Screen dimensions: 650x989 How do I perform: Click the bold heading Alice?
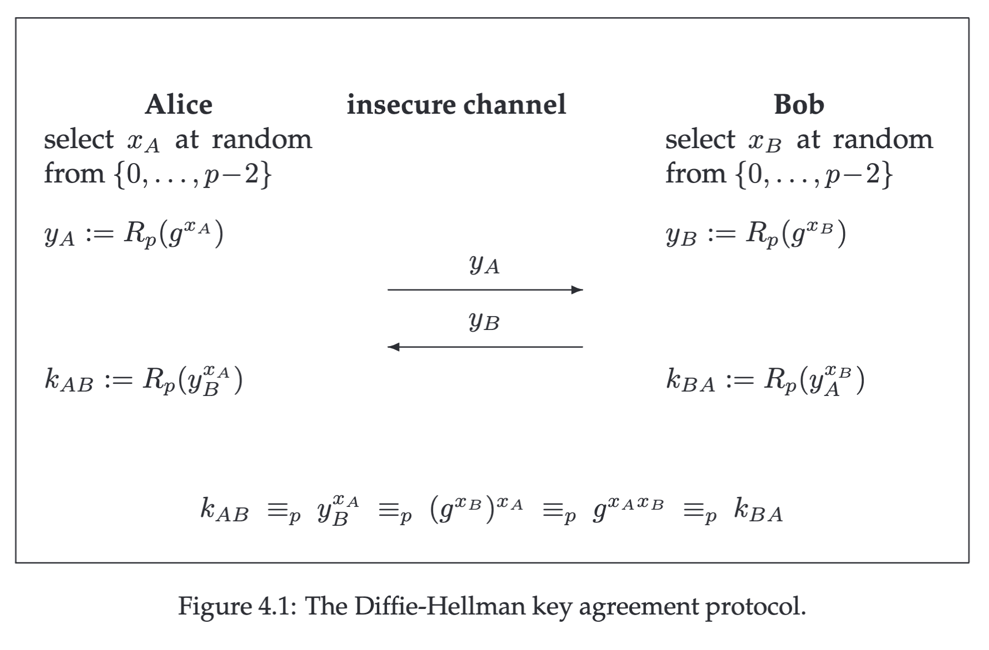point(179,105)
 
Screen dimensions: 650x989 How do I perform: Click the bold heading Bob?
point(799,105)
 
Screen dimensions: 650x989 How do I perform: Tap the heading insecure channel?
point(456,105)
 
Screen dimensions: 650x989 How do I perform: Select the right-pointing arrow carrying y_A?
point(485,290)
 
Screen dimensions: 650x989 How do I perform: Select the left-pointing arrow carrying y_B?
point(485,347)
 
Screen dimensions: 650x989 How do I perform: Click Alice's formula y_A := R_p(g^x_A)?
point(134,233)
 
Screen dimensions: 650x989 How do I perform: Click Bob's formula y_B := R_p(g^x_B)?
point(756,233)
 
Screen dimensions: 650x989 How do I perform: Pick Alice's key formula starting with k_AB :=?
point(144,380)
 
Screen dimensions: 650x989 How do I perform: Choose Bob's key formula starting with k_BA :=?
point(765,380)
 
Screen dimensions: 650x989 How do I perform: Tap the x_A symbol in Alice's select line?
point(143,142)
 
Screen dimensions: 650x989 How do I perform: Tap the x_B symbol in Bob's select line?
point(764,142)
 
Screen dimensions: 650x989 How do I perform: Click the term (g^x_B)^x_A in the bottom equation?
point(476,510)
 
